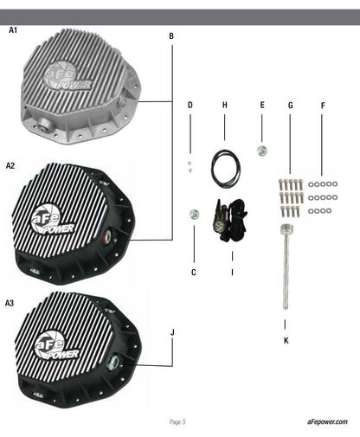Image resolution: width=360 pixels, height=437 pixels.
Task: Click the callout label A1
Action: click(x=13, y=30)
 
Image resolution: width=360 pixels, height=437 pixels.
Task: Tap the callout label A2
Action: click(x=10, y=165)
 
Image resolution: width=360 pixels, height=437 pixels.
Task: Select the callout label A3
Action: click(x=10, y=303)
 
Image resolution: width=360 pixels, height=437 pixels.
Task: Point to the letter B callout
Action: click(x=171, y=36)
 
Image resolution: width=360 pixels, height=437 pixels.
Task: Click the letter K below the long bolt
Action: click(x=286, y=340)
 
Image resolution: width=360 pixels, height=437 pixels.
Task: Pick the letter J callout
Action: click(x=172, y=332)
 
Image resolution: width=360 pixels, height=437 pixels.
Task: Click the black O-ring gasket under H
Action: click(x=226, y=169)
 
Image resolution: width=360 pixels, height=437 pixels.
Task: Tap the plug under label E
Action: click(x=261, y=151)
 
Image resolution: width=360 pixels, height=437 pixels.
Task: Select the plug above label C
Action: click(x=194, y=215)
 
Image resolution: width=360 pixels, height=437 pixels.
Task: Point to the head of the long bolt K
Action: click(x=286, y=229)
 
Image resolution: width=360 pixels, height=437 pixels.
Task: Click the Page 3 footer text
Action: click(x=177, y=422)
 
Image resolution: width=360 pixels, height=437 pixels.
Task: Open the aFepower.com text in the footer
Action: click(x=327, y=421)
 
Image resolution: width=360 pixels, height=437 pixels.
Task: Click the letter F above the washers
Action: click(x=323, y=106)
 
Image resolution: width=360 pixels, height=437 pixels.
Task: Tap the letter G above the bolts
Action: click(x=291, y=106)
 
